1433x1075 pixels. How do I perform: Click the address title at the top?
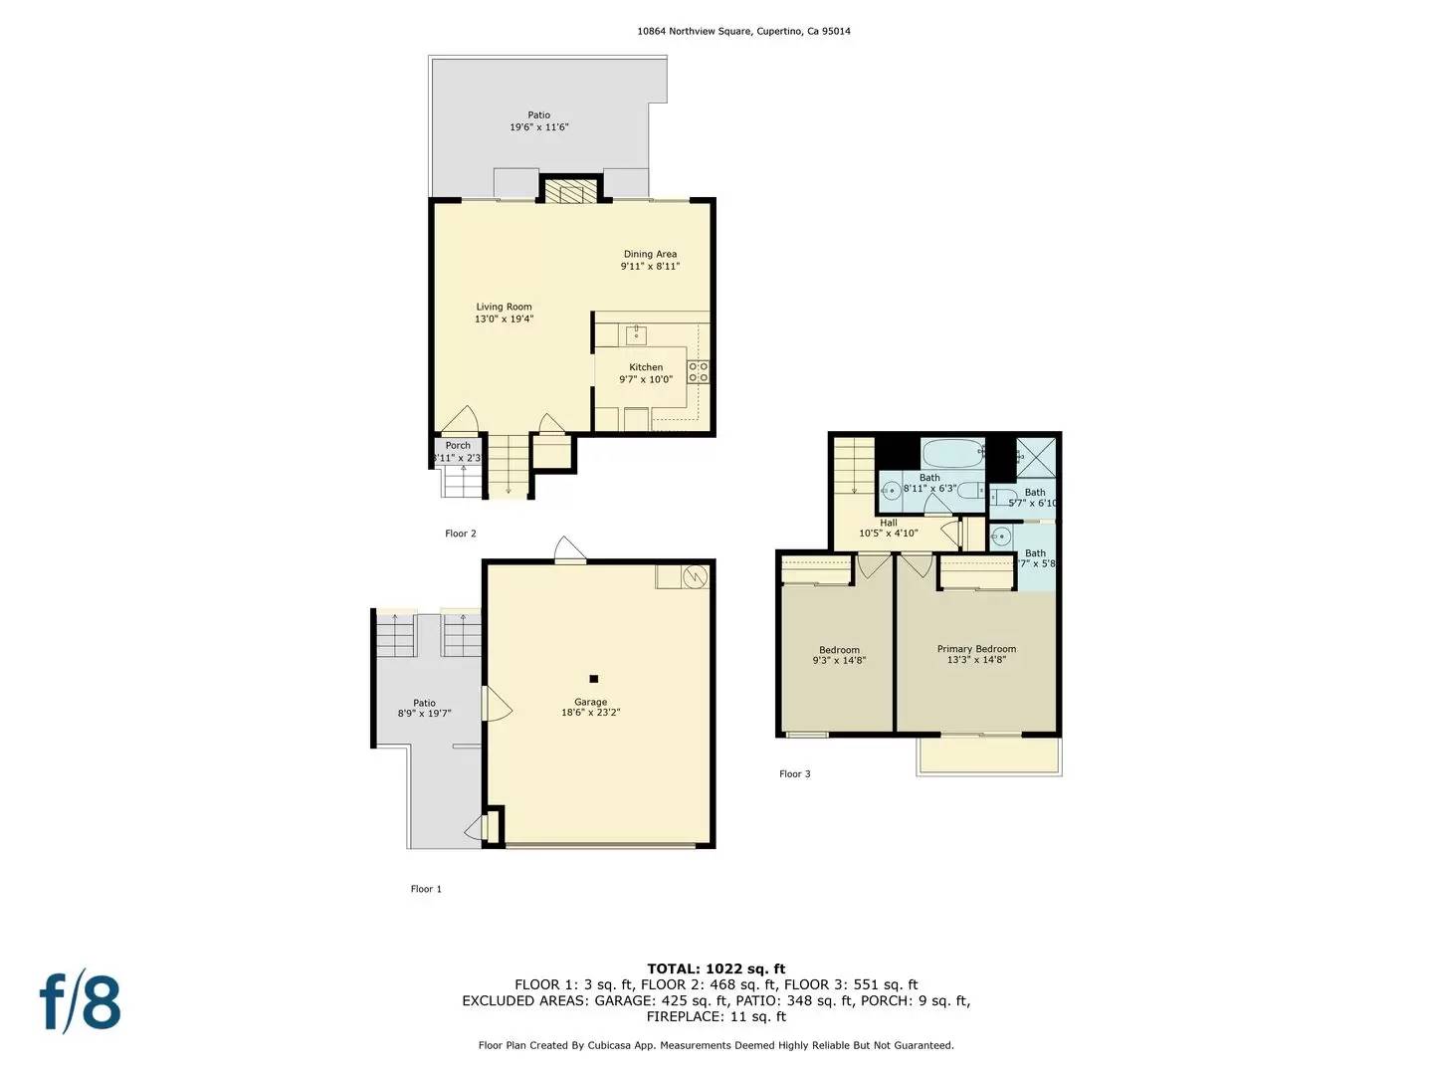(743, 31)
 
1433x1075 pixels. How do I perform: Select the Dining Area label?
(650, 254)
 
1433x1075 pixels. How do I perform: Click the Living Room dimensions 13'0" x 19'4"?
(504, 320)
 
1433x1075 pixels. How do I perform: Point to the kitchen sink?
(636, 334)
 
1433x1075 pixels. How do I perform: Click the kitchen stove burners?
(699, 372)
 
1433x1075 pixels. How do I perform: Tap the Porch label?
(458, 446)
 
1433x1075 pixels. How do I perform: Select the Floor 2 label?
(460, 534)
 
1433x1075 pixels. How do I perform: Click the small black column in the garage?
(593, 679)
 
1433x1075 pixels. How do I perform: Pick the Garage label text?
(590, 702)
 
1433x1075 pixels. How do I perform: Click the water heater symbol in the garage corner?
(695, 576)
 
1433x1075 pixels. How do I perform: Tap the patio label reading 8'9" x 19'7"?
(424, 714)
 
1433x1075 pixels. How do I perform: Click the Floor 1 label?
(426, 889)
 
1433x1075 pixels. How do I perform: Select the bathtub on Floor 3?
(952, 454)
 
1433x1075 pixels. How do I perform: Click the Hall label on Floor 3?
(888, 523)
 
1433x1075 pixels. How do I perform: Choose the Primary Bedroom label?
(976, 649)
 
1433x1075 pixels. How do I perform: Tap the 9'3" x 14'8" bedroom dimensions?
(839, 661)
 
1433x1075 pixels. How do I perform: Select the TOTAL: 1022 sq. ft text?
(716, 968)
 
